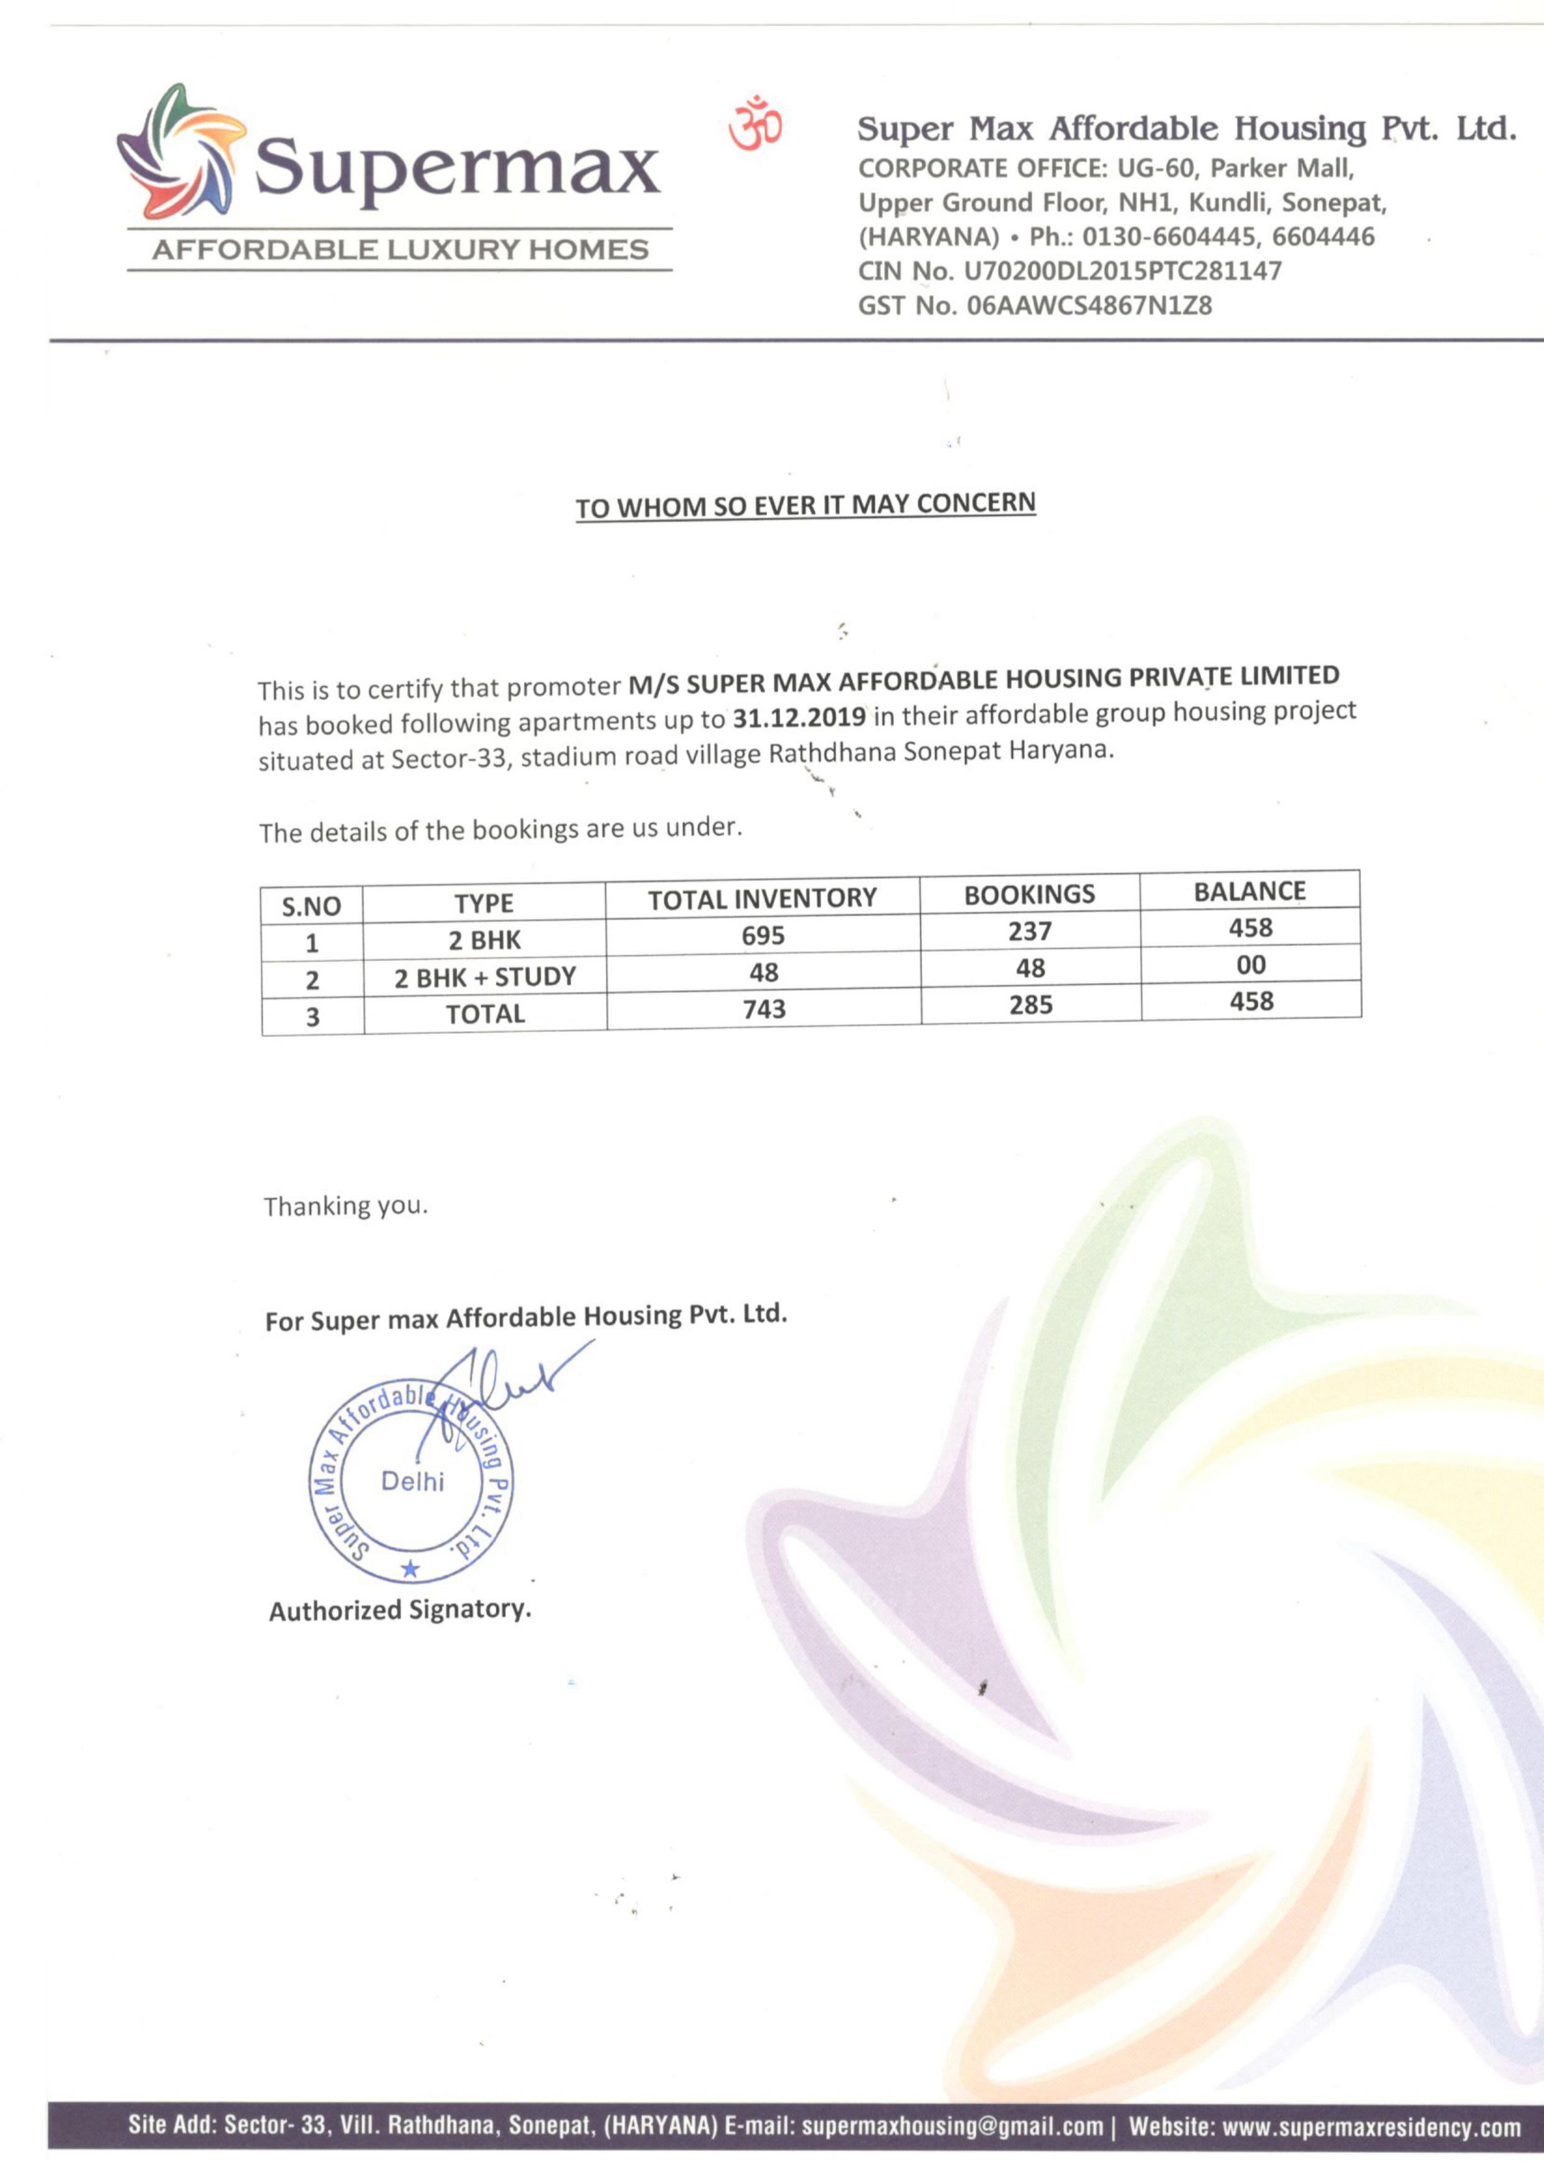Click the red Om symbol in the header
pyautogui.click(x=755, y=124)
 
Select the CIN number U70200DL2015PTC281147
pyautogui.click(x=1123, y=271)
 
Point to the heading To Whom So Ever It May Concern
pyautogui.click(x=805, y=505)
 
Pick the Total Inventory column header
pyautogui.click(x=762, y=899)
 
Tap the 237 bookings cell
pyautogui.click(x=1030, y=931)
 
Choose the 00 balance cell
pyautogui.click(x=1251, y=965)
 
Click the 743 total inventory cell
pyautogui.click(x=764, y=1008)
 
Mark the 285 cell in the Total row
pyautogui.click(x=1031, y=1005)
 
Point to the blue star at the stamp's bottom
pyautogui.click(x=410, y=1568)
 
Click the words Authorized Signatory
pyautogui.click(x=400, y=1610)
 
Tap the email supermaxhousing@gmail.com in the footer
pyautogui.click(x=951, y=2127)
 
